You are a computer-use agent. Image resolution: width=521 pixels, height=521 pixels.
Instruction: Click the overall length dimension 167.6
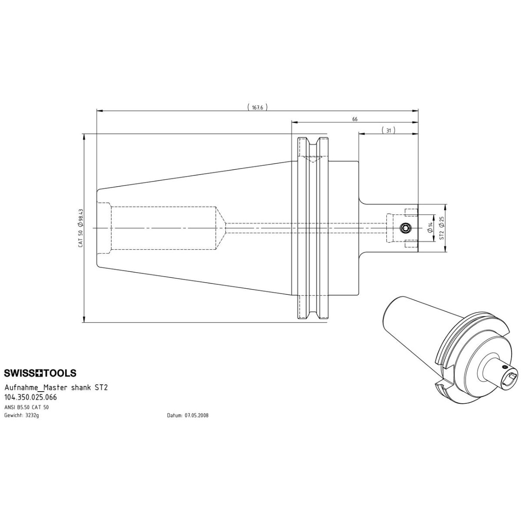[x=257, y=108]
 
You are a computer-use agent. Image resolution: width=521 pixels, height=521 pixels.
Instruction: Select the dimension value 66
[x=355, y=119]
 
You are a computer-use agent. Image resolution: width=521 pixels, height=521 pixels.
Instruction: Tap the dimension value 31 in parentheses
[x=389, y=131]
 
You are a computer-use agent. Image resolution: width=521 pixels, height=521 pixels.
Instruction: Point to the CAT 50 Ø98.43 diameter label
[x=81, y=228]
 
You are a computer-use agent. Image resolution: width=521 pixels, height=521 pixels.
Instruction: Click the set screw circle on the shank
[x=405, y=228]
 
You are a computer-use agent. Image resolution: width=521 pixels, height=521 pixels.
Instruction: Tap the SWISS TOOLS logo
[x=40, y=373]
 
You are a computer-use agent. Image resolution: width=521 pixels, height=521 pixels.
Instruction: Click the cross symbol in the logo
[x=40, y=373]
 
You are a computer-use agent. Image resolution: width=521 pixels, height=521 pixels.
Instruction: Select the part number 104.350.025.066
[x=30, y=397]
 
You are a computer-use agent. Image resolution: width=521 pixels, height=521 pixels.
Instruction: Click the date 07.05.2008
[x=197, y=415]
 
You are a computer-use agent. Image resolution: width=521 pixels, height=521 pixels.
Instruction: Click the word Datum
[x=175, y=415]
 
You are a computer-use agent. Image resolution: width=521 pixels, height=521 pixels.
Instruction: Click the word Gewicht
[x=13, y=415]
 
